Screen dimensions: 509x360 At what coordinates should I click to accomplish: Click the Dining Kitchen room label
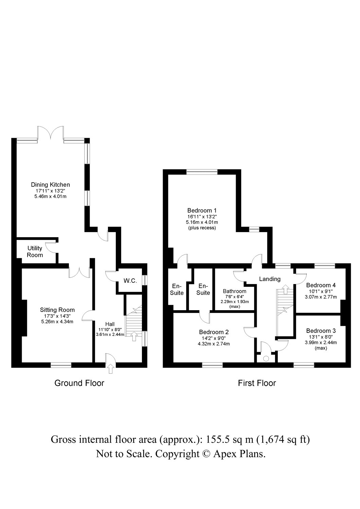[x=50, y=185]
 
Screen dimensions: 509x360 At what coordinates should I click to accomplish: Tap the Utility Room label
[x=35, y=251]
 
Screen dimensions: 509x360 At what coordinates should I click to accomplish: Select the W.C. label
[x=130, y=281]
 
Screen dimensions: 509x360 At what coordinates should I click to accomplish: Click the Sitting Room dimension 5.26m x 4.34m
[x=57, y=321]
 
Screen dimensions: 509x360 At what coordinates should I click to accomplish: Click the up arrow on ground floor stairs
[x=133, y=336]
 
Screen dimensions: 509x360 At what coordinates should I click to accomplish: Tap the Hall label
[x=110, y=324]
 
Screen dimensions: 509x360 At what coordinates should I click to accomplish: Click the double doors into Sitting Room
[x=79, y=271]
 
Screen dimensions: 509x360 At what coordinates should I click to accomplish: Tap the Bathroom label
[x=234, y=291]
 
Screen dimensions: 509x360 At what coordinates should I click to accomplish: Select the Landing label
[x=270, y=279]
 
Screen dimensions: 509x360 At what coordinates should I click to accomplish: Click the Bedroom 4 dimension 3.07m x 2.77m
[x=321, y=297]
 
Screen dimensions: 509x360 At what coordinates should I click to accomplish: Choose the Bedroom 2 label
[x=214, y=332]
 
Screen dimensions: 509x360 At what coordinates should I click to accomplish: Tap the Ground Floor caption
[x=79, y=383]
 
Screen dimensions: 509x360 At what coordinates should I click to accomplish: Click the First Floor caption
[x=257, y=383]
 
